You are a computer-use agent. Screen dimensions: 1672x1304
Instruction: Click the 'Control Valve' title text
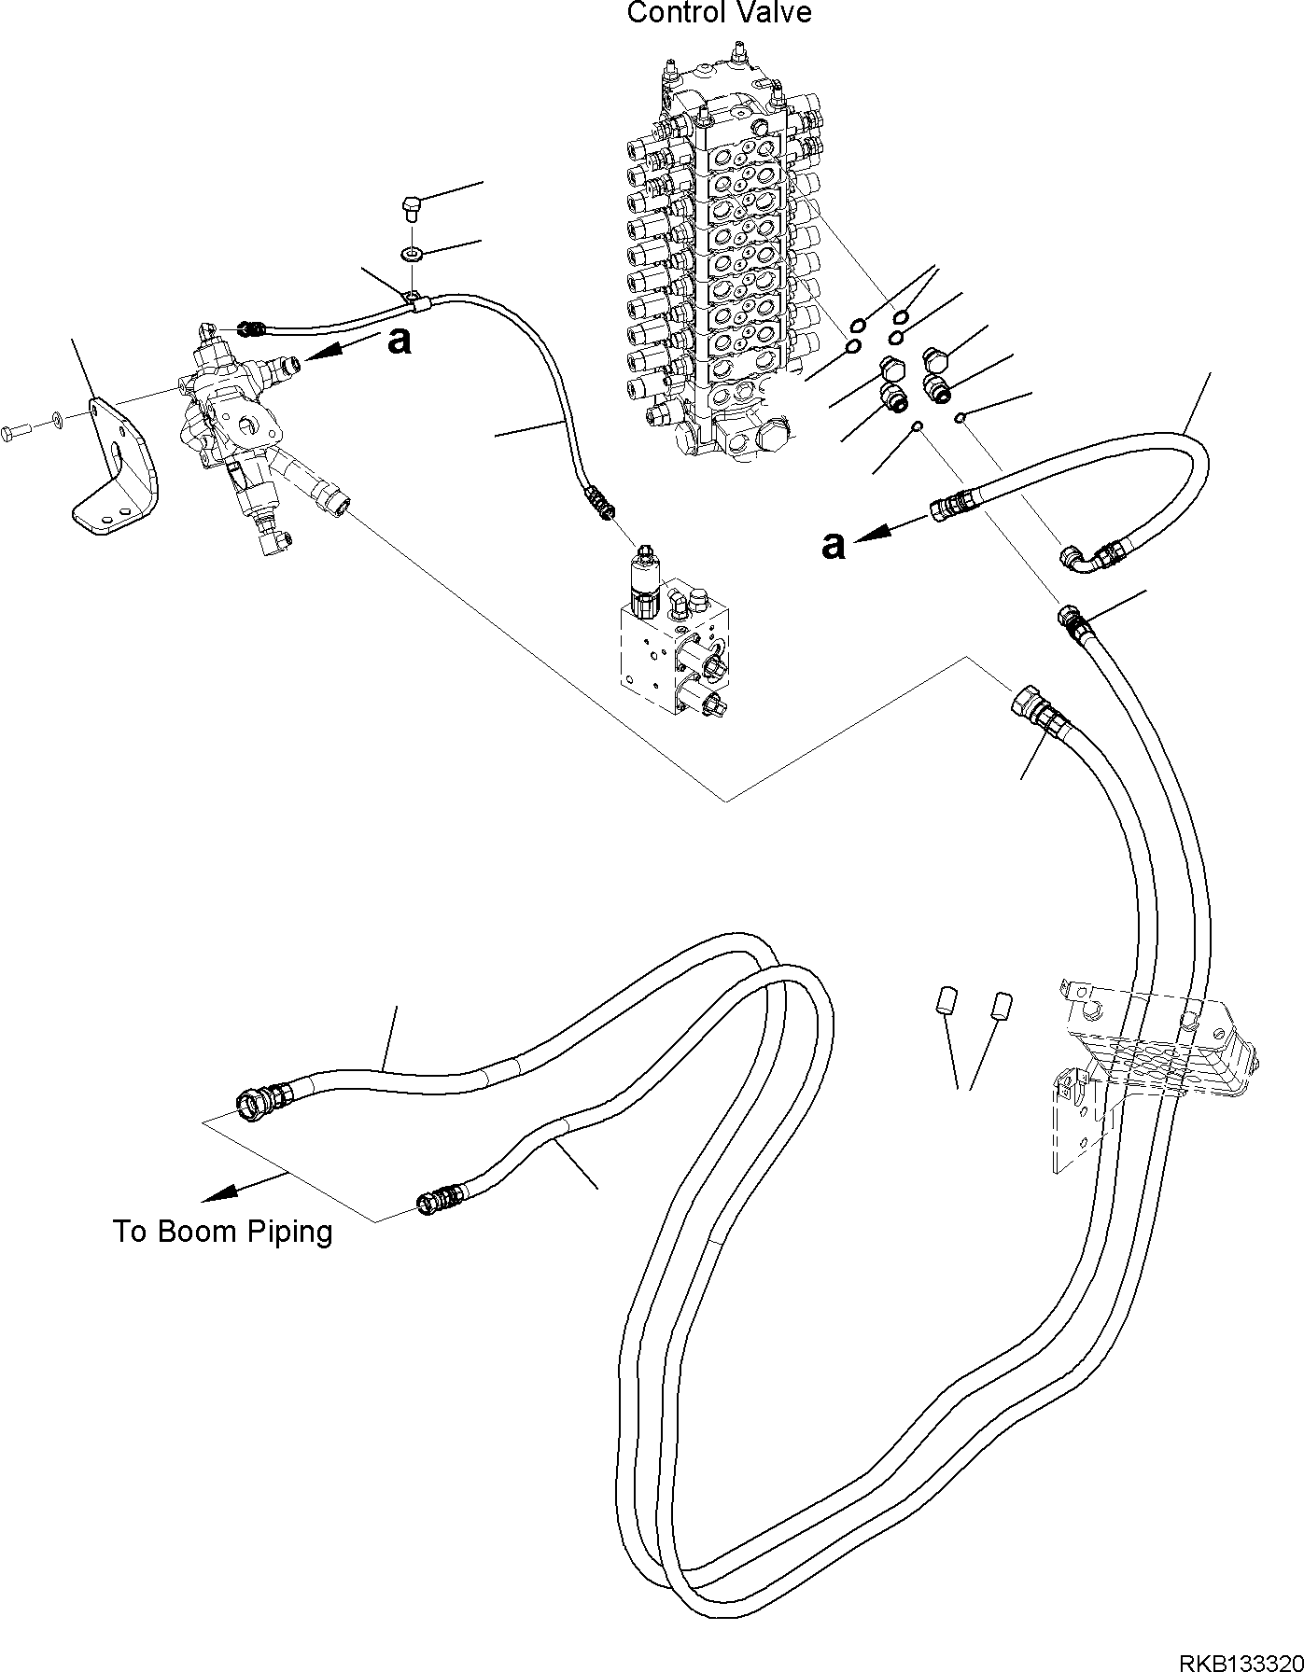click(718, 13)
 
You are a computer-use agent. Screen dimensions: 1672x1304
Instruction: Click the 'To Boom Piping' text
click(222, 1232)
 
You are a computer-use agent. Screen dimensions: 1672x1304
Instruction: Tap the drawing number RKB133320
click(1240, 1657)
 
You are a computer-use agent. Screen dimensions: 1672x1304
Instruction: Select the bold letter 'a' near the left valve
click(399, 341)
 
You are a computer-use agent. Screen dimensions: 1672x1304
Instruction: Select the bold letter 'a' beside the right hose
click(833, 544)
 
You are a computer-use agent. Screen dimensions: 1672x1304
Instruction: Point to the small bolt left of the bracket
click(18, 430)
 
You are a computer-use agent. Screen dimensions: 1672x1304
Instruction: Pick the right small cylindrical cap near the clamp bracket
click(1002, 1006)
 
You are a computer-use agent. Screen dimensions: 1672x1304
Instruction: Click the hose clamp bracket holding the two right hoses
click(1157, 1054)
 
